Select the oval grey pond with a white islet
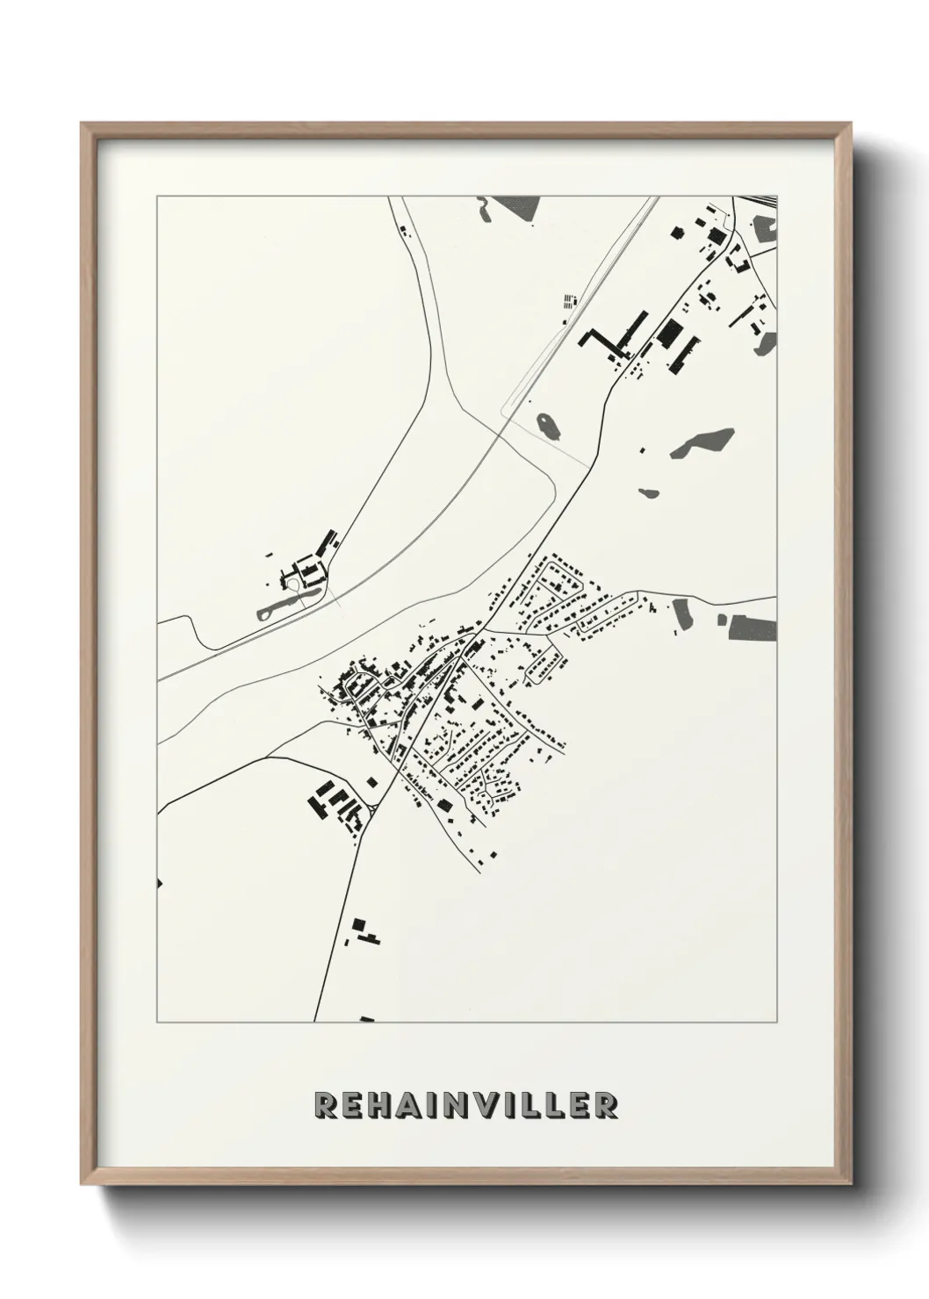pyautogui.click(x=547, y=427)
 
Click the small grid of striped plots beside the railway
pyautogui.click(x=571, y=303)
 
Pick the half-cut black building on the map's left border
pyautogui.click(x=159, y=882)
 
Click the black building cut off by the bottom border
pyautogui.click(x=367, y=1019)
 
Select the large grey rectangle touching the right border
pyautogui.click(x=753, y=627)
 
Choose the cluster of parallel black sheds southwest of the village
pyautogui.click(x=334, y=803)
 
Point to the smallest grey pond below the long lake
pyautogui.click(x=648, y=492)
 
